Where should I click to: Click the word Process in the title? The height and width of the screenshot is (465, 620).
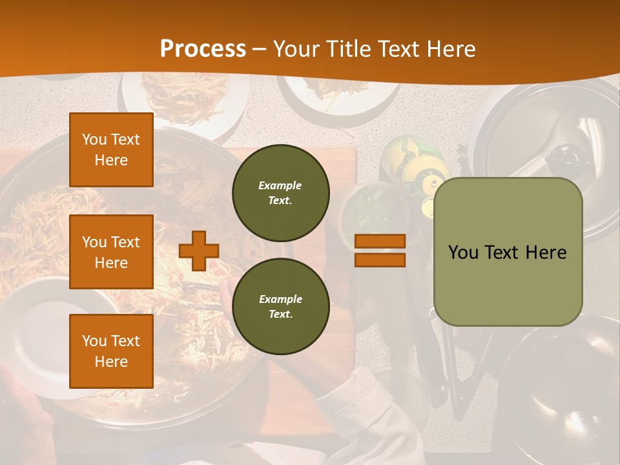[203, 49]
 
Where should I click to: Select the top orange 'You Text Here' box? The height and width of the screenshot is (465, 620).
[111, 150]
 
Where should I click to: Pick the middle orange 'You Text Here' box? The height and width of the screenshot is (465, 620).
[111, 252]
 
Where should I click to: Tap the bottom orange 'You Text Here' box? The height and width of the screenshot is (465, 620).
[111, 351]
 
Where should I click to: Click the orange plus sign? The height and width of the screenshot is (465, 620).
[199, 251]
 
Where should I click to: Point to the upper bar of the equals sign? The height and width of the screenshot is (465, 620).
[380, 241]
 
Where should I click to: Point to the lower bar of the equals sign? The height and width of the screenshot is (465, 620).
[380, 260]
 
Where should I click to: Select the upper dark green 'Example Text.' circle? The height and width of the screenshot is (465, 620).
[281, 193]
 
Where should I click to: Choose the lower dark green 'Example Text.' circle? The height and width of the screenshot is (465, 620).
[281, 306]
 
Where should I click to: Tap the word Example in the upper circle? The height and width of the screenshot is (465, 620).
[280, 186]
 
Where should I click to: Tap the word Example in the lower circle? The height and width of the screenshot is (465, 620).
[280, 299]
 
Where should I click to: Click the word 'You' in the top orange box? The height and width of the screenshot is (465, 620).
[94, 139]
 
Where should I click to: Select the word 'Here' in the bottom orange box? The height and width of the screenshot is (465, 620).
[111, 362]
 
